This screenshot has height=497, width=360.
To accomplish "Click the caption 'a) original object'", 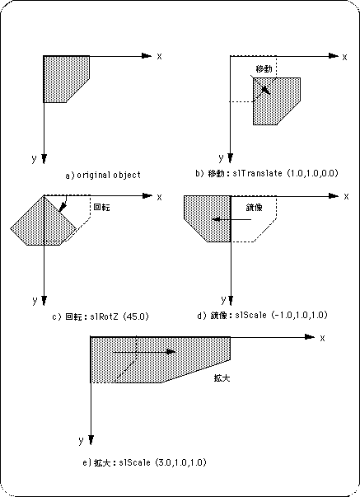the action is (103, 175).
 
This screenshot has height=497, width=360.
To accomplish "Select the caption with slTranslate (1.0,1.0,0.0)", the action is (267, 173).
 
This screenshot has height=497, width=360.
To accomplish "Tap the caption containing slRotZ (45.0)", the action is (101, 316).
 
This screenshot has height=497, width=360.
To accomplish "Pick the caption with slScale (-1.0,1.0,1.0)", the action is (262, 315).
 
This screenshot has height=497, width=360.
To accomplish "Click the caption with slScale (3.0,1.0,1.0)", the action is (144, 462).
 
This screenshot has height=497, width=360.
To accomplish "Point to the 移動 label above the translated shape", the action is (264, 68).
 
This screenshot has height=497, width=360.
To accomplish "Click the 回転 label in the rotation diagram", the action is (102, 208).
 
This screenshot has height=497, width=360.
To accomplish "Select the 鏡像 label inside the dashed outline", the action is (255, 208).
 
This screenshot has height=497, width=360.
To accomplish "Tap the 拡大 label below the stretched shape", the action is (222, 377).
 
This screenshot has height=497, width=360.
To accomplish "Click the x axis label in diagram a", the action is (159, 56).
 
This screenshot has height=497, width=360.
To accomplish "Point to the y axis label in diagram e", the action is (81, 440).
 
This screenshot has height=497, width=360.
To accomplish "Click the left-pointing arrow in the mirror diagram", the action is (232, 219).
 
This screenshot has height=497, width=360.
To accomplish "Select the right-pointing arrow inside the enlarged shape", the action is (144, 352).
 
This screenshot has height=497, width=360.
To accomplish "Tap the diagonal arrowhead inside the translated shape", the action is (267, 90).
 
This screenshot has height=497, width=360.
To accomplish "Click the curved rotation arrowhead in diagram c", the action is (63, 208).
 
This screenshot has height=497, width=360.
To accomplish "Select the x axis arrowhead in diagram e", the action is (309, 337).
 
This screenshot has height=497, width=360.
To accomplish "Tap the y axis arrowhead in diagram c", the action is (44, 301).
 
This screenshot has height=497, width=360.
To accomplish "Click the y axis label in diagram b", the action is (222, 157).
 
